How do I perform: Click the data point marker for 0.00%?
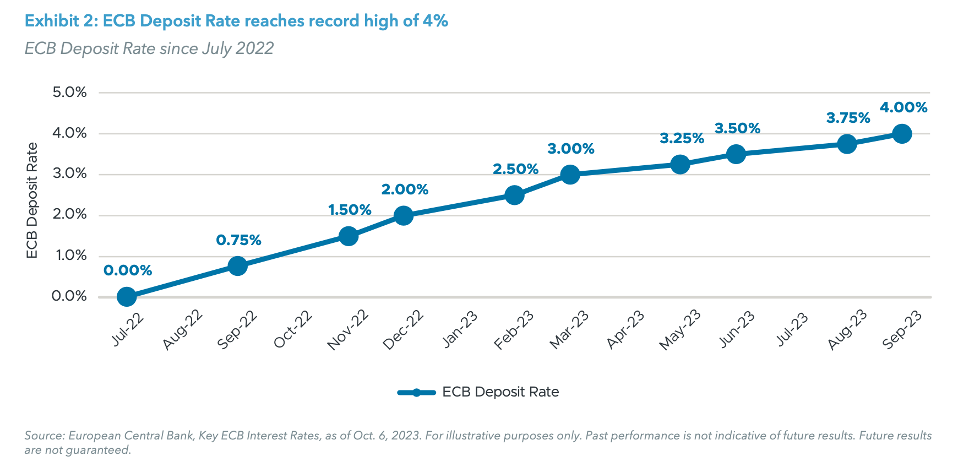(127, 297)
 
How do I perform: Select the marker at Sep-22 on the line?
(237, 266)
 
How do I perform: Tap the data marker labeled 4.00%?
(901, 134)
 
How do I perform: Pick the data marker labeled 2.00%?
(404, 215)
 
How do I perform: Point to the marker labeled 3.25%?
(680, 164)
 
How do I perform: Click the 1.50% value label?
(350, 210)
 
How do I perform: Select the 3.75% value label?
(848, 118)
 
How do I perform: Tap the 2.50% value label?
(515, 169)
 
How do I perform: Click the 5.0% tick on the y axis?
(69, 92)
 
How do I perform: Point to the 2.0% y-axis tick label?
(69, 214)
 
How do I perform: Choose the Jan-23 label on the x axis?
(460, 329)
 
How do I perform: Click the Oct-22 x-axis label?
(293, 329)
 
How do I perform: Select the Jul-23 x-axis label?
(792, 329)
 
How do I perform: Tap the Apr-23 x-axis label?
(626, 329)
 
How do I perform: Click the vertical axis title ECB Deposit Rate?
(32, 200)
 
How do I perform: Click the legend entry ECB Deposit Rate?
(500, 392)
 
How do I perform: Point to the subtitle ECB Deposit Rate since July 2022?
(149, 48)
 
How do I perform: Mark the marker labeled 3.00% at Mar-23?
(570, 175)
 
